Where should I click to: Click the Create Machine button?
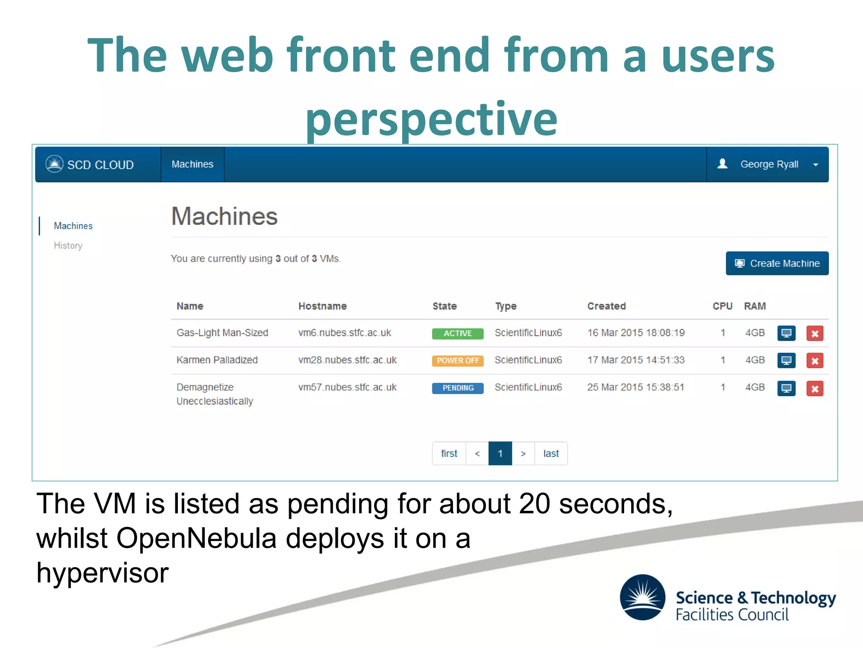(x=777, y=263)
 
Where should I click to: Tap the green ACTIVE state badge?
(x=457, y=333)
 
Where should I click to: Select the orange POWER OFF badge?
(x=457, y=361)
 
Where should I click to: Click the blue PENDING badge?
(x=457, y=388)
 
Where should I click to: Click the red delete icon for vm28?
(x=815, y=361)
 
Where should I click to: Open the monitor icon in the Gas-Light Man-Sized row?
(x=786, y=333)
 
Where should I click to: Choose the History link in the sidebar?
(x=68, y=246)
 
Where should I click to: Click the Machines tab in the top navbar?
(x=192, y=164)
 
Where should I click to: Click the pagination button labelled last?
(x=551, y=454)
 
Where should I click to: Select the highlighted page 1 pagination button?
(x=500, y=454)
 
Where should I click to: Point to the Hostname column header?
(x=322, y=306)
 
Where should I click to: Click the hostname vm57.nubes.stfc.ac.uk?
(x=347, y=387)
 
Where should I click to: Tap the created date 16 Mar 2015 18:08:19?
(x=635, y=333)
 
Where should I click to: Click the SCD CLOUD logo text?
(x=100, y=165)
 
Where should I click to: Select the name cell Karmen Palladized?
(x=217, y=360)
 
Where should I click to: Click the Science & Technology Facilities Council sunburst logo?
(x=642, y=597)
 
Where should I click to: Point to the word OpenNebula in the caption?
(x=196, y=538)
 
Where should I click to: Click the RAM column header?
(x=755, y=306)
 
